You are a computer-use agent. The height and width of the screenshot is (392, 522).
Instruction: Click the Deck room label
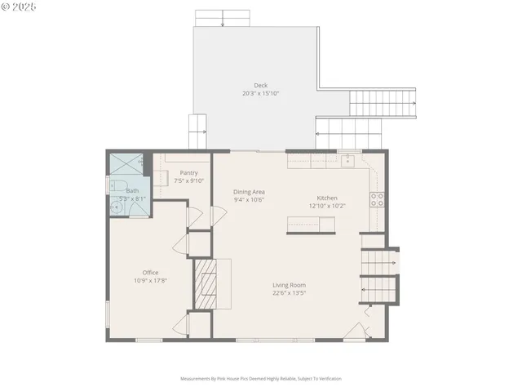click(260, 85)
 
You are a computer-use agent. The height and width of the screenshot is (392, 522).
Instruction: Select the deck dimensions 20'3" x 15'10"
click(260, 93)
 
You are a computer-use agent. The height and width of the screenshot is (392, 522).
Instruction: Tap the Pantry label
click(189, 173)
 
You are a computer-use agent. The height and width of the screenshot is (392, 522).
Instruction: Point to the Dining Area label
click(249, 192)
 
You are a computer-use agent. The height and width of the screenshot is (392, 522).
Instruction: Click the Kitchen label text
click(327, 198)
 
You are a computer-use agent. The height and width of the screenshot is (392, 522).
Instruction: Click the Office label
click(150, 272)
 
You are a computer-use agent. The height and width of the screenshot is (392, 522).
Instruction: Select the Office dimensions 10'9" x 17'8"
click(150, 280)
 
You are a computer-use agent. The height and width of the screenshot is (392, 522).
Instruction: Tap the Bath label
click(132, 190)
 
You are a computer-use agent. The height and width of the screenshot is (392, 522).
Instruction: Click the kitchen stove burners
click(377, 199)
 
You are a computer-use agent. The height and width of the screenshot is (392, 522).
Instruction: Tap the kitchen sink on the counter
click(348, 159)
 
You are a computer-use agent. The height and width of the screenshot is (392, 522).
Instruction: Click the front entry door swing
click(355, 331)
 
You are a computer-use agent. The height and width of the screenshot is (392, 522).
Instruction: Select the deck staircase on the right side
click(383, 103)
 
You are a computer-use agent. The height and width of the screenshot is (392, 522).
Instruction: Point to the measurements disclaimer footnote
click(260, 379)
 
